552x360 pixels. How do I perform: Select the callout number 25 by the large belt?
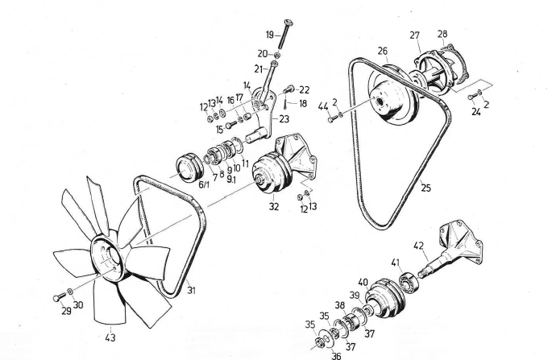click(x=425, y=188)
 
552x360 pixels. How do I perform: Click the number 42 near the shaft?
click(x=418, y=246)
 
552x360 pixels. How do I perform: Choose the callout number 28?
click(x=442, y=33)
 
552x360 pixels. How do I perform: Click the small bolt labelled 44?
click(x=332, y=118)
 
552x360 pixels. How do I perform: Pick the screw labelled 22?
click(x=288, y=89)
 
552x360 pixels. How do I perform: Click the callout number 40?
click(x=363, y=282)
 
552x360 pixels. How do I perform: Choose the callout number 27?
click(x=415, y=35)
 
